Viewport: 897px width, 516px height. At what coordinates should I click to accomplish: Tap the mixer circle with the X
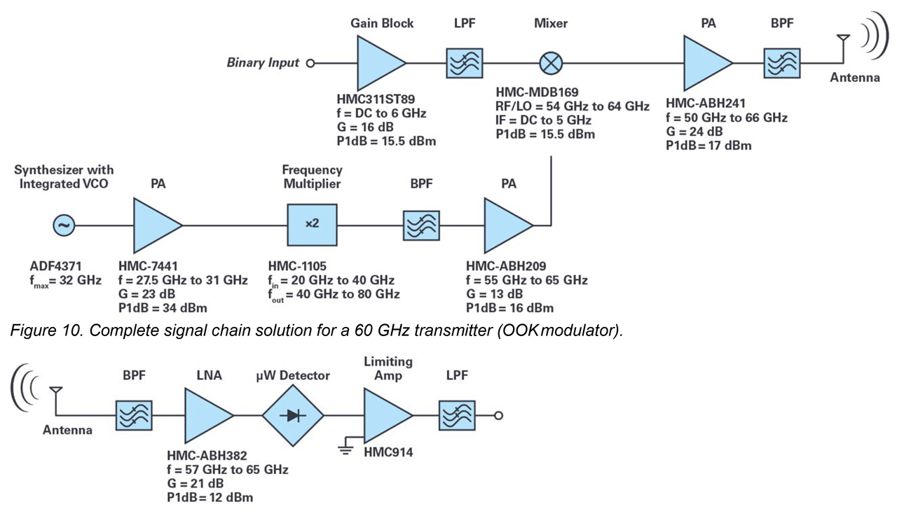click(551, 64)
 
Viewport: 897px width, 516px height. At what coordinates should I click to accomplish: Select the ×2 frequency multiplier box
click(312, 225)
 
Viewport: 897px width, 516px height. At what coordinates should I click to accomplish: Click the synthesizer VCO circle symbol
click(64, 225)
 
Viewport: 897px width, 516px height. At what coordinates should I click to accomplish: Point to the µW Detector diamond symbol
click(293, 415)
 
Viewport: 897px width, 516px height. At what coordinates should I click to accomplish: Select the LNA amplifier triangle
click(205, 415)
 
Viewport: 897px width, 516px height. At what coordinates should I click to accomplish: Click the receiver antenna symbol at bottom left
click(55, 395)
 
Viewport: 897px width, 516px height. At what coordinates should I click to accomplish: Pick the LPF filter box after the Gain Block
click(464, 64)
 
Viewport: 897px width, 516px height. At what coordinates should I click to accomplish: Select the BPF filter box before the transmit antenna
click(782, 64)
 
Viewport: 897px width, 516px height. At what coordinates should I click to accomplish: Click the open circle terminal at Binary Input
click(310, 64)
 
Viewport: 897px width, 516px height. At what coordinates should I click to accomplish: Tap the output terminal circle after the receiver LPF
click(498, 415)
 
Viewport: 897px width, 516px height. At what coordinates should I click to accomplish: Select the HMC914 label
click(388, 453)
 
